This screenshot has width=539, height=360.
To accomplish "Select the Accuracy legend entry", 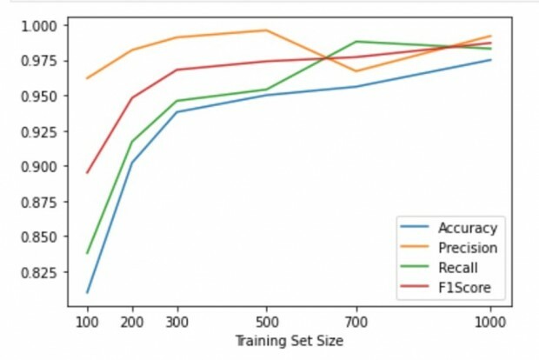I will click(x=467, y=229).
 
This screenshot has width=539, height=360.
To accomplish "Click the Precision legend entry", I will click(x=466, y=249).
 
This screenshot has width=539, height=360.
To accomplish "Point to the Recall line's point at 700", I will click(x=356, y=42).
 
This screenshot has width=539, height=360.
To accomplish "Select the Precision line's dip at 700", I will click(x=356, y=71).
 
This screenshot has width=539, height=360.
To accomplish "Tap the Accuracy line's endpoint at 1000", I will click(x=490, y=59).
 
